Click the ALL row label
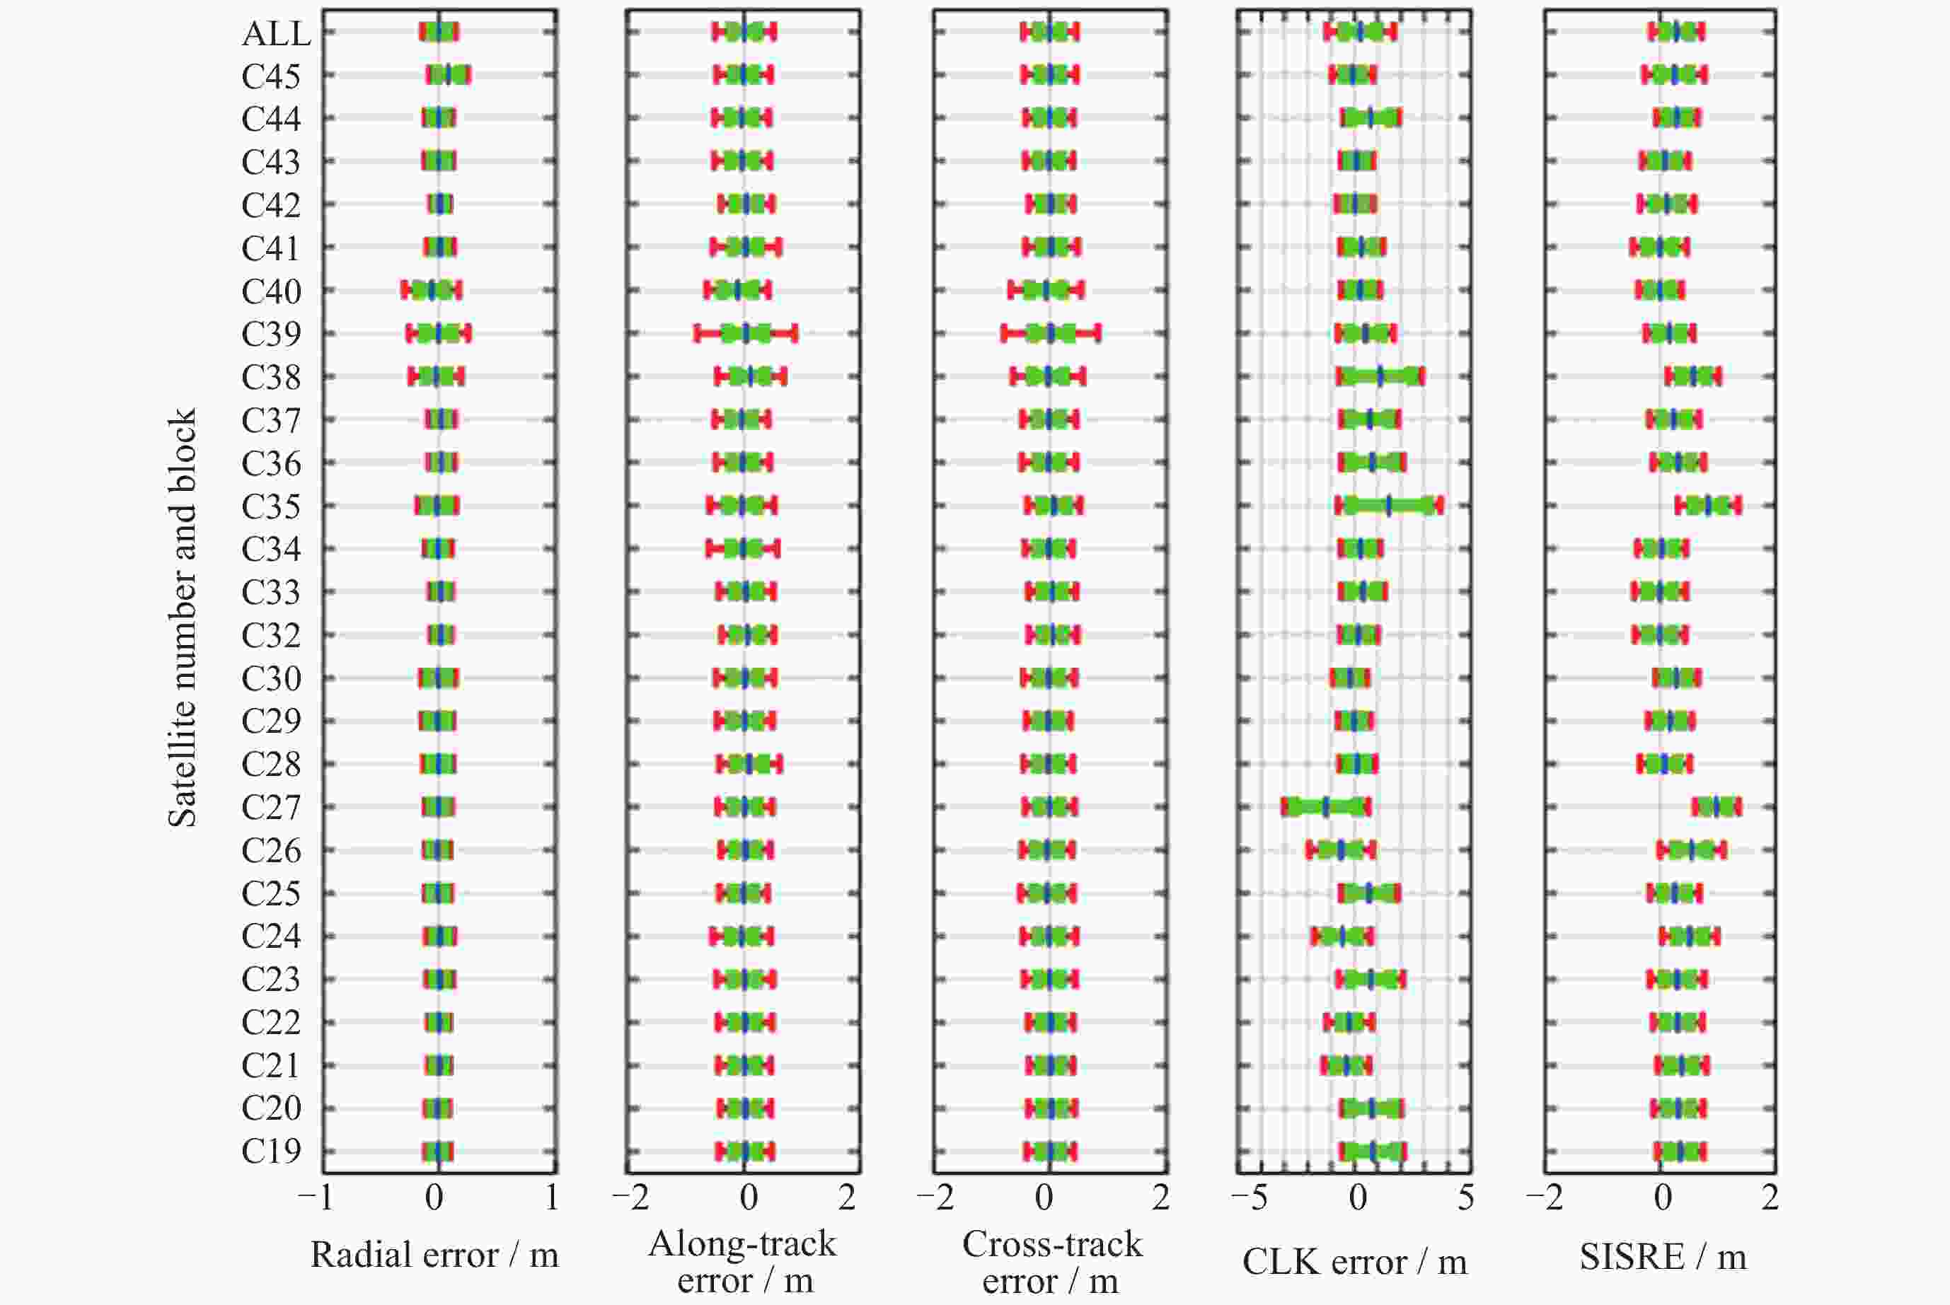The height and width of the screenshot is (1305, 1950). [x=276, y=33]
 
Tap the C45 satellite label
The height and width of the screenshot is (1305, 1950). [x=270, y=76]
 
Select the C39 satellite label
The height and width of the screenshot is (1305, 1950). [x=270, y=334]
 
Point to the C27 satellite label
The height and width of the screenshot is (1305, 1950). [x=270, y=807]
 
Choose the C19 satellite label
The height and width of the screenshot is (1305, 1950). [x=270, y=1151]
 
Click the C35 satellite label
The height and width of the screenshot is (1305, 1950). [x=270, y=506]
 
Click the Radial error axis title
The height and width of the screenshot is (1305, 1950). [x=434, y=1255]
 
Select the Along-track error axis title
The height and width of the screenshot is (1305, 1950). [x=743, y=1262]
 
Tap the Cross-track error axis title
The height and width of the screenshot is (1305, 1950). [x=1051, y=1262]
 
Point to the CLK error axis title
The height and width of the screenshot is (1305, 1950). [x=1354, y=1262]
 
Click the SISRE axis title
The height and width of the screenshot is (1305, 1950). [x=1662, y=1257]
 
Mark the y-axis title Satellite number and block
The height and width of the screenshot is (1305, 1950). [x=183, y=617]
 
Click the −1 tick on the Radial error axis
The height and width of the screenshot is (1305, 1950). [x=316, y=1197]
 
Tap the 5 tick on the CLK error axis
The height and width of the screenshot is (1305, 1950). [x=1465, y=1197]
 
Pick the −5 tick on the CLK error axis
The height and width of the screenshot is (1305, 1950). [x=1249, y=1197]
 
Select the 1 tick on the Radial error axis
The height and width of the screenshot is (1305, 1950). [x=551, y=1197]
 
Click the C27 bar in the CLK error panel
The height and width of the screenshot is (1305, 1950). [x=1325, y=806]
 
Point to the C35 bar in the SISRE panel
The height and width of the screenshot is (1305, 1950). [x=1708, y=505]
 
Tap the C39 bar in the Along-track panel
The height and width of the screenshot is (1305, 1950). [x=746, y=334]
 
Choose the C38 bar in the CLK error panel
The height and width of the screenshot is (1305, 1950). [x=1380, y=376]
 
